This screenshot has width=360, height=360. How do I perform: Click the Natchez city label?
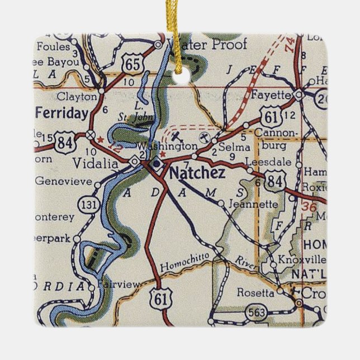pos(197,173)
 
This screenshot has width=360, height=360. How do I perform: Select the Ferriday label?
pos(61,113)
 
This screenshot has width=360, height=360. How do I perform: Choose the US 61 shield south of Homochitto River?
pos(159,300)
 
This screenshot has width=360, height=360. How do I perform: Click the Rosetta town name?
pos(257,292)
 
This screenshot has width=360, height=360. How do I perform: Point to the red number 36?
pos(309,206)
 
